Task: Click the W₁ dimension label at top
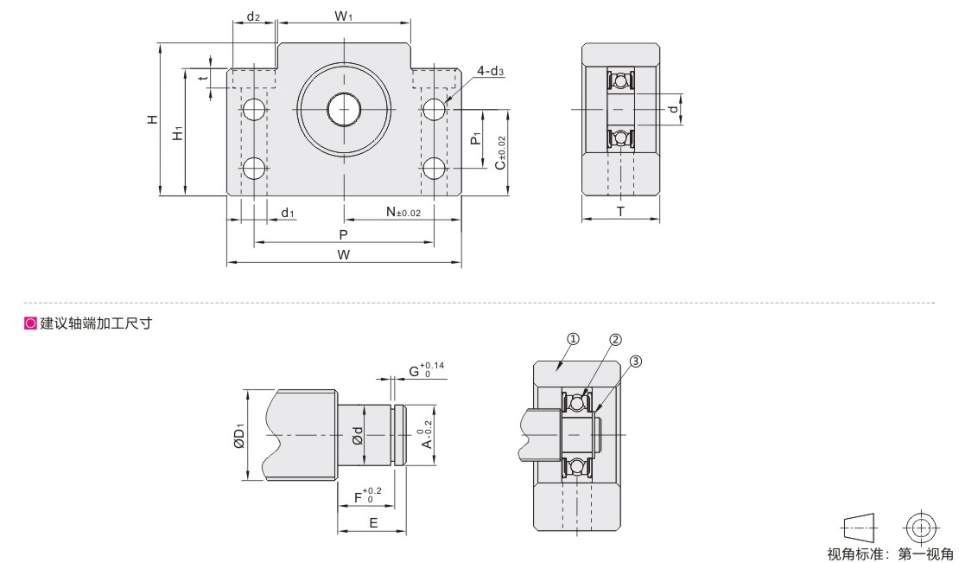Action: coord(343,16)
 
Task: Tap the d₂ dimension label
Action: coord(253,16)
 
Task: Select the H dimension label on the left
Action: coord(152,118)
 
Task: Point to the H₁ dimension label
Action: coord(177,133)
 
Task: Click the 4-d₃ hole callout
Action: coord(491,71)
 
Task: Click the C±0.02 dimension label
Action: coord(501,153)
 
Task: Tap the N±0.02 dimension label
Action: coord(403,212)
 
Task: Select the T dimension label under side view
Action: coord(621,212)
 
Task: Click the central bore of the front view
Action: coord(344,110)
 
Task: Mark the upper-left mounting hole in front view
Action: coord(254,110)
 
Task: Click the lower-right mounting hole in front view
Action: coord(435,168)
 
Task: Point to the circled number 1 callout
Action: coord(574,338)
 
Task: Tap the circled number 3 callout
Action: coord(636,361)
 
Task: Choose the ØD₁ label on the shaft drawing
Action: coord(239,435)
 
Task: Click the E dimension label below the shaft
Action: coord(373,522)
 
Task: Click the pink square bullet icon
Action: coord(30,323)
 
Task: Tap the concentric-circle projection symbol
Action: coord(922,527)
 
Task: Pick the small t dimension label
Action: coord(205,77)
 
